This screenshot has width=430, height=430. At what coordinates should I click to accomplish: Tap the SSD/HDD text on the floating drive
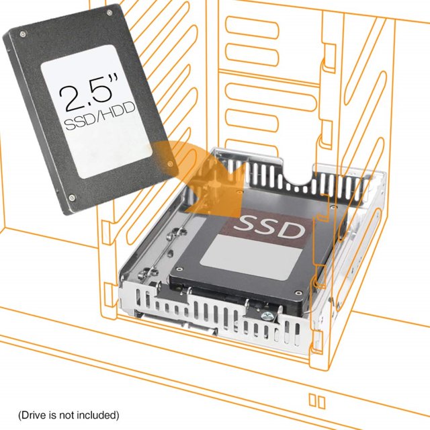[x=100, y=116]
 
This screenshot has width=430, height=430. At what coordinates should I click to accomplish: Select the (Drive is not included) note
[x=69, y=415]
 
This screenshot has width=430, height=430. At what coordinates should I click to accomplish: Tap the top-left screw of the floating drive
[x=22, y=34]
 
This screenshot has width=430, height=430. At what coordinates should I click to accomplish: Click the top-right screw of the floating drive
[x=110, y=13]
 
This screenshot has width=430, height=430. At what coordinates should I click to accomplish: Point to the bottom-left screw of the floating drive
[x=72, y=198]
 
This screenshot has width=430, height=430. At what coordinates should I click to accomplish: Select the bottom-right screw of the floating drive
[x=170, y=164]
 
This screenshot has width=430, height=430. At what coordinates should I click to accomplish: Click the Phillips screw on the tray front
[x=267, y=317]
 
